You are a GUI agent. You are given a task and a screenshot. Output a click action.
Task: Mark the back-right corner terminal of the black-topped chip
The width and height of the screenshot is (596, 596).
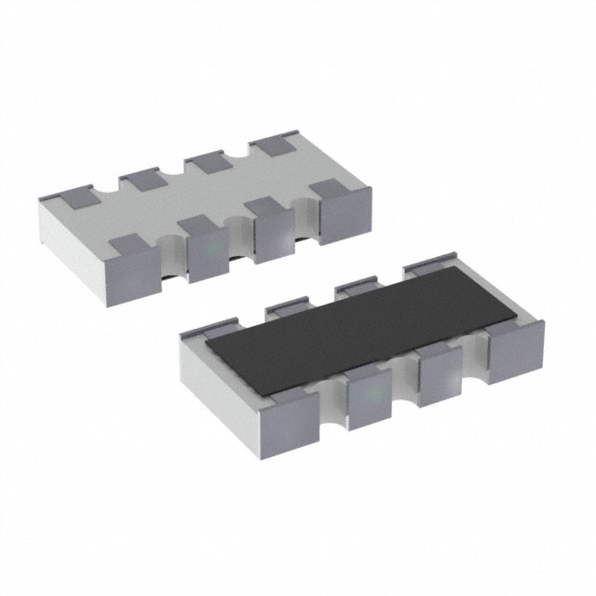[430, 267]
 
